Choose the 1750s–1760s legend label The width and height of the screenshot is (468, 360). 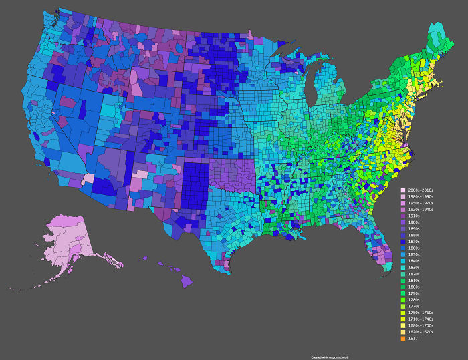point(420,312)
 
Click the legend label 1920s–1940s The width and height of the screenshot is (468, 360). point(420,210)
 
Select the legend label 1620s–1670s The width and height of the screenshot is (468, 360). point(420,331)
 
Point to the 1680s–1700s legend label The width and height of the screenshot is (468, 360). point(420,325)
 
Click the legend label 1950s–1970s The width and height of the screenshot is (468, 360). point(420,204)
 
